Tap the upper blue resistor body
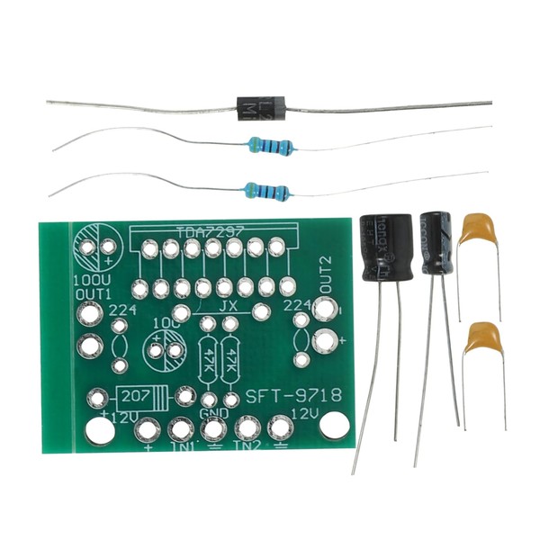(x=267, y=144)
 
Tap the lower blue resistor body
(x=267, y=190)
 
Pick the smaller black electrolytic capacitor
(x=436, y=242)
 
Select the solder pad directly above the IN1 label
(x=179, y=427)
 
